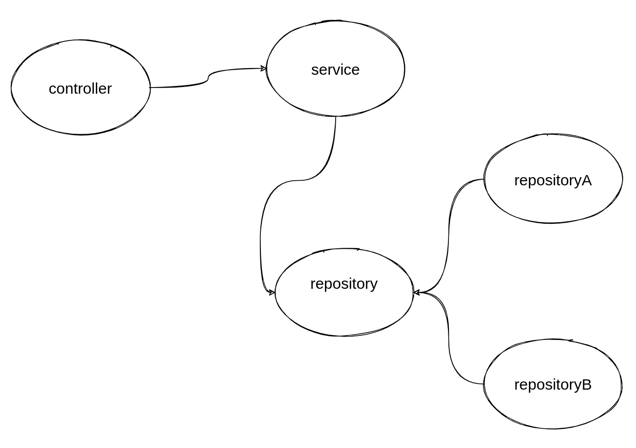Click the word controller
tap(80, 89)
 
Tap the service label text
tap(335, 70)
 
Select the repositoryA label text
tap(552, 180)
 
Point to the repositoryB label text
tap(552, 385)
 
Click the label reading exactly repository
tap(343, 284)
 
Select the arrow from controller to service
tap(208, 78)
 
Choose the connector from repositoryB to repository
tap(449, 338)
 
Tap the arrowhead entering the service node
tap(263, 68)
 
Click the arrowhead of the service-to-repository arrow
tap(272, 292)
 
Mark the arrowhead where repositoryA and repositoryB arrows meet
tap(417, 292)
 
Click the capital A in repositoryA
tap(586, 180)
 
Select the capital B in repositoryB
tap(586, 385)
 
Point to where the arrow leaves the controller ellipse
tap(150, 88)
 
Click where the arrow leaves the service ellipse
tap(336, 117)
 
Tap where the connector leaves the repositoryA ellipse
tap(484, 179)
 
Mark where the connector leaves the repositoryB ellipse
tap(484, 383)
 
